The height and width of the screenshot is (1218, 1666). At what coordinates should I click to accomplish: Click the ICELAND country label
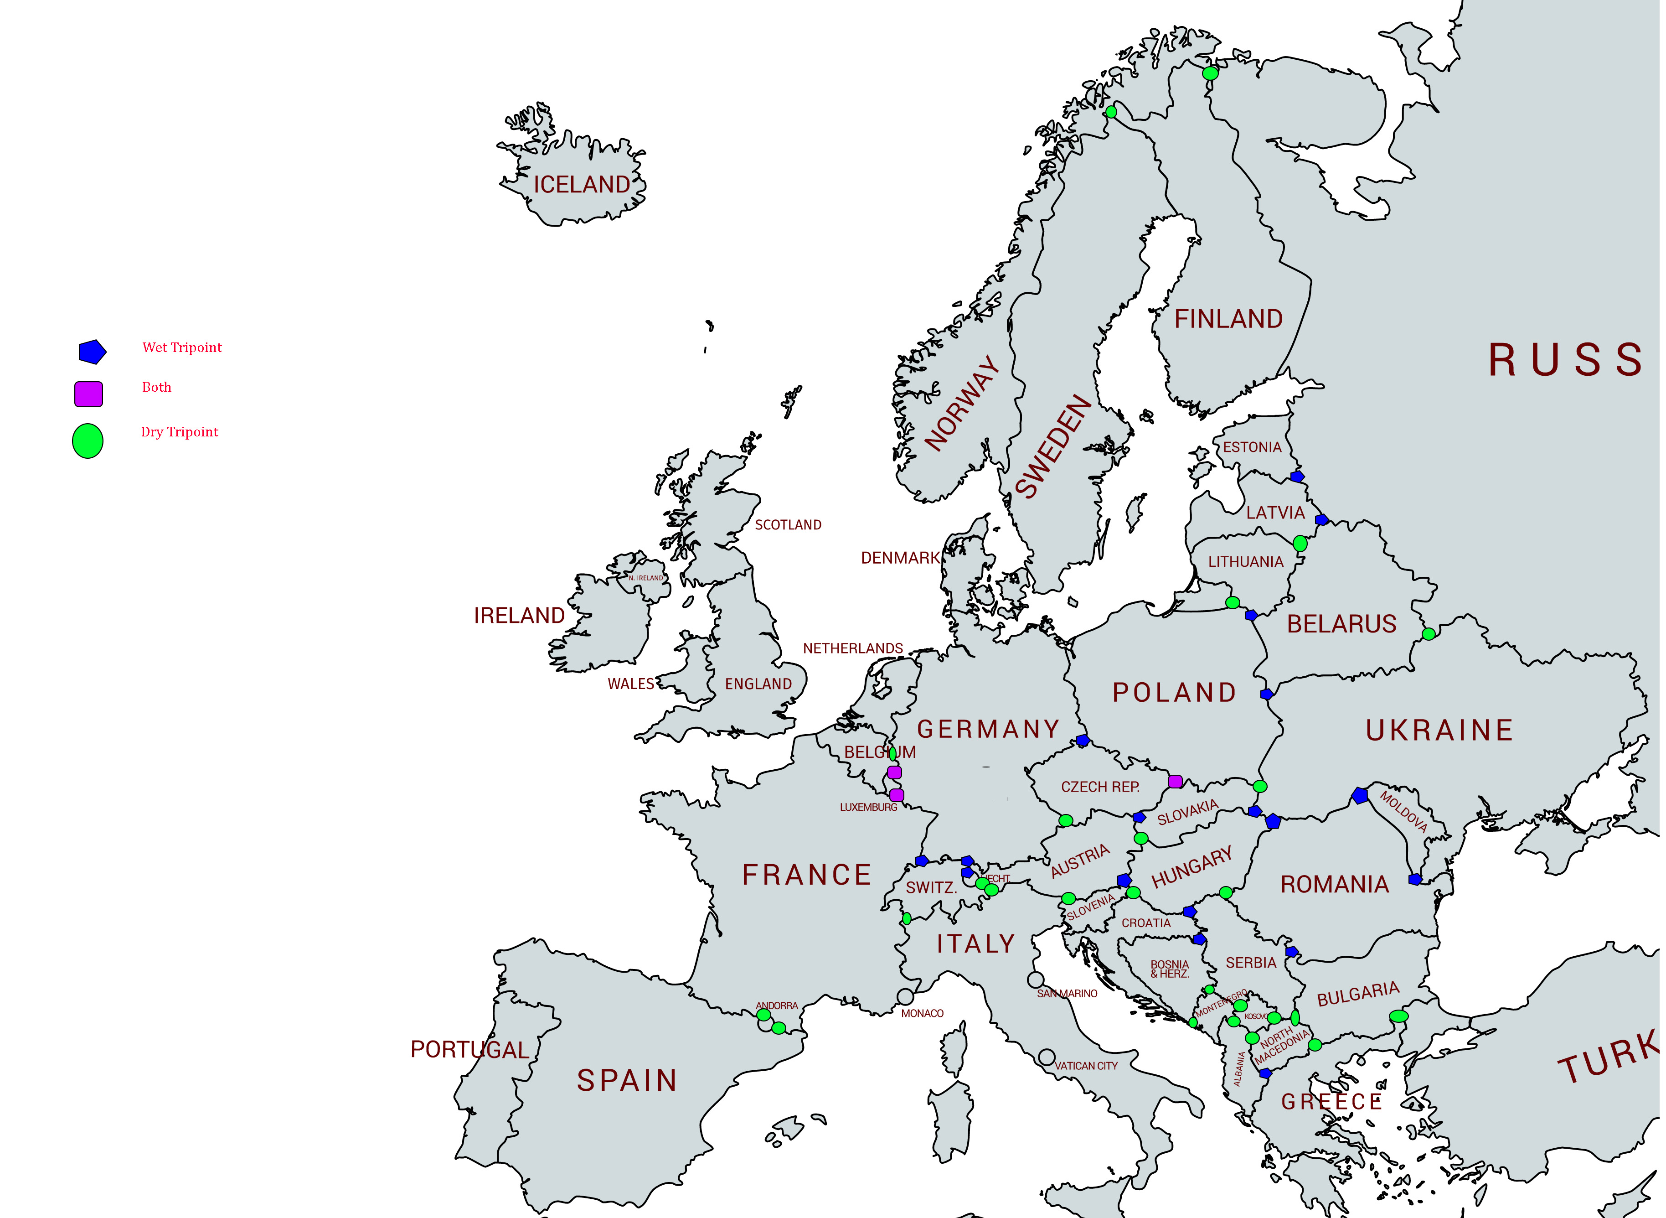tap(581, 184)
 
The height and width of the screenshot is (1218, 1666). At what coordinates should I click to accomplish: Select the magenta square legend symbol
tap(88, 394)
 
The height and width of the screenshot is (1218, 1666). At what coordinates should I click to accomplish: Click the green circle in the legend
tap(88, 441)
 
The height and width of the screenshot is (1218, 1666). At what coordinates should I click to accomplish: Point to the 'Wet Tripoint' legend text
tap(182, 347)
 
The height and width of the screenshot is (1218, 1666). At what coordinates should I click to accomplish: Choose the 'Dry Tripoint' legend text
tap(179, 432)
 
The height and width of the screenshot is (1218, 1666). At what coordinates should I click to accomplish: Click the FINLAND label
tap(1228, 319)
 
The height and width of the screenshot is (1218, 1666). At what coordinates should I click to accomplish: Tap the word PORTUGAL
tap(469, 1049)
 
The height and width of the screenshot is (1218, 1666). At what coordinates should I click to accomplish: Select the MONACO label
tap(922, 1014)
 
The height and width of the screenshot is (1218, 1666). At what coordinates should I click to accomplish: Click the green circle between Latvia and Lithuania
tap(1300, 544)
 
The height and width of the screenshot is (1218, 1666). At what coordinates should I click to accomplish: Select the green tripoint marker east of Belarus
tap(1429, 634)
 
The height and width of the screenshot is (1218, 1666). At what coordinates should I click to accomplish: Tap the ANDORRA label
tap(777, 1005)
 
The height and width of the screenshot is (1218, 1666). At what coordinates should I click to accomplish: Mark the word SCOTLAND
tap(788, 525)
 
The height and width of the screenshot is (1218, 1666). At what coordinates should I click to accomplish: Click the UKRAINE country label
tap(1439, 731)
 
